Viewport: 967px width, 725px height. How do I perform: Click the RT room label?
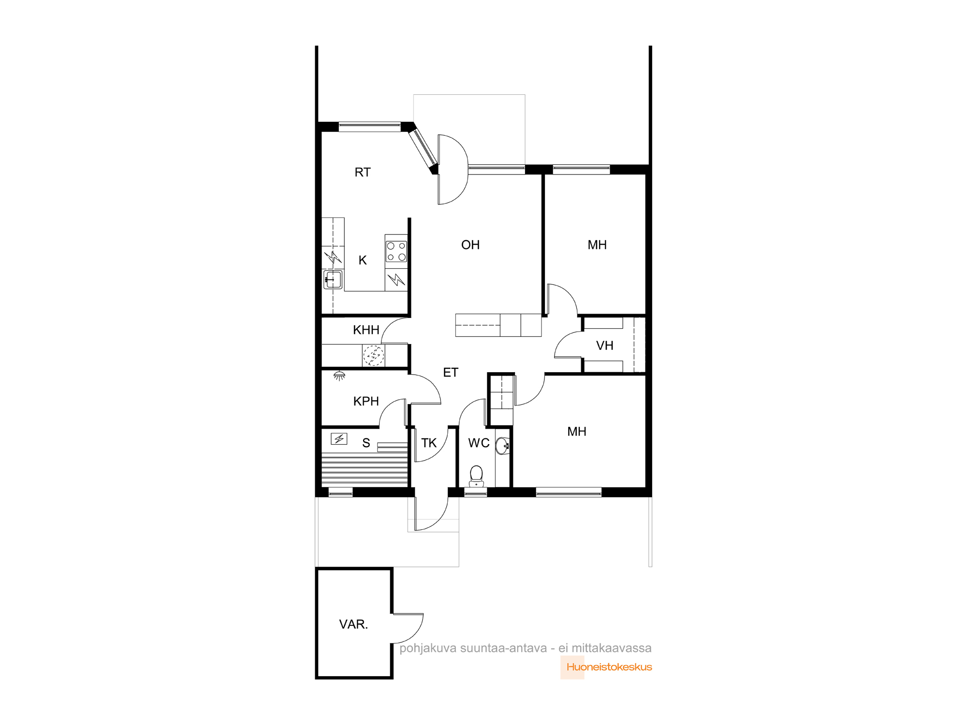[363, 173]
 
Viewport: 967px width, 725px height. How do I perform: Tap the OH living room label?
[470, 245]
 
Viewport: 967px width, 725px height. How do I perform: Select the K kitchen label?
[363, 261]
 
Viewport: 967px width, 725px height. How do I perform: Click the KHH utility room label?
[366, 330]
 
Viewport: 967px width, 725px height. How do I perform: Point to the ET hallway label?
[451, 373]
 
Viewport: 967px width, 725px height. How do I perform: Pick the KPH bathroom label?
[366, 401]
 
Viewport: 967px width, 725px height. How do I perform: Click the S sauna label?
[366, 443]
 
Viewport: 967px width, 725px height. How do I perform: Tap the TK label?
[429, 443]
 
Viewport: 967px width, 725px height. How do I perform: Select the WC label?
[479, 443]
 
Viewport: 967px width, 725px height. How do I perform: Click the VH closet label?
[605, 346]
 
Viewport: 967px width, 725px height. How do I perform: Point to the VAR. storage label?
[353, 624]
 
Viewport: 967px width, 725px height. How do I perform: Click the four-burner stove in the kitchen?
[396, 251]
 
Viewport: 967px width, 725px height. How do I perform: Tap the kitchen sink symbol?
[333, 280]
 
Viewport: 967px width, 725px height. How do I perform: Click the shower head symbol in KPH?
[339, 376]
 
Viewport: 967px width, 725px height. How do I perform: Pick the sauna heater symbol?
[339, 439]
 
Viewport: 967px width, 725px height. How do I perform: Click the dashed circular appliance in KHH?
[374, 356]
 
